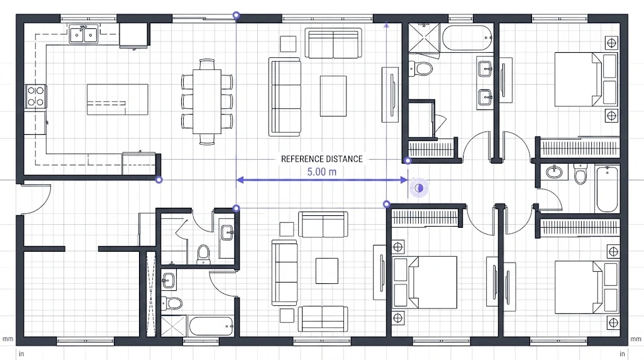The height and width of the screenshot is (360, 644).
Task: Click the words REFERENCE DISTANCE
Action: tap(321, 159)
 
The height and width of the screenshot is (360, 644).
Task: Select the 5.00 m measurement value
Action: tap(321, 172)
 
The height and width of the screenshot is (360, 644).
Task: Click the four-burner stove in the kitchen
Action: tap(36, 96)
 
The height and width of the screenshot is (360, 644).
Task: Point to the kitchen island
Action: tap(118, 99)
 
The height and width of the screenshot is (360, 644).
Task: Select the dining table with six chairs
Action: tap(207, 101)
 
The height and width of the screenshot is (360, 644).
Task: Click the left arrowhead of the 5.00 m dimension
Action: tap(240, 180)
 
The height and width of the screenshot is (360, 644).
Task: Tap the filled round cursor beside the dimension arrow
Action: tap(418, 188)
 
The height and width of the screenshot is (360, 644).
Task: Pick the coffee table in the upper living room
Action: tap(333, 96)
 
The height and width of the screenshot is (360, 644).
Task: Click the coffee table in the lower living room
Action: tap(327, 271)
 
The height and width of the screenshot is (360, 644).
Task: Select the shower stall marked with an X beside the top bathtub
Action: tap(424, 37)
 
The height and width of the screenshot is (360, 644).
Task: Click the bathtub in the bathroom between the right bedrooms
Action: tap(607, 189)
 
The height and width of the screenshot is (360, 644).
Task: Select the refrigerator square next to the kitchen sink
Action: tap(133, 35)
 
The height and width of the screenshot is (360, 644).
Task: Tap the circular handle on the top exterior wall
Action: tap(236, 15)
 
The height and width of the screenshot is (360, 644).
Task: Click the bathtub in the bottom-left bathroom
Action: tap(211, 326)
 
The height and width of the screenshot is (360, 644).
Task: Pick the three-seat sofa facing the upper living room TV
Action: tap(285, 96)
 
